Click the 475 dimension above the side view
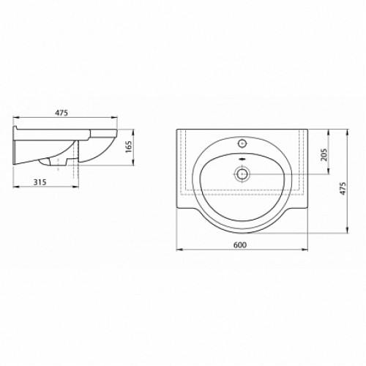(61, 113)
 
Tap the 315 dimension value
(40, 182)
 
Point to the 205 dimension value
(324, 154)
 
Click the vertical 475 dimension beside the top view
(343, 188)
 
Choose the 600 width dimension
(240, 244)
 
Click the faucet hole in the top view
(242, 143)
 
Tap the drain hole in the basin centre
(242, 174)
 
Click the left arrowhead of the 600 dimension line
(179, 250)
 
